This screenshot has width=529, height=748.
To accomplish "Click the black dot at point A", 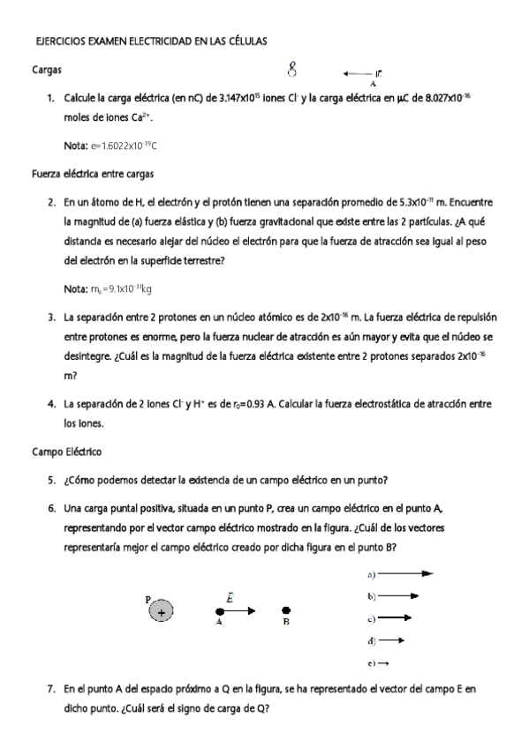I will (219, 610).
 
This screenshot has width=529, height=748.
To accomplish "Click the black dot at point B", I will (285, 610).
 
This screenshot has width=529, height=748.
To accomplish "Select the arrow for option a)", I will (405, 574).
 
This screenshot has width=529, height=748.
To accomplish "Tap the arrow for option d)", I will (391, 640).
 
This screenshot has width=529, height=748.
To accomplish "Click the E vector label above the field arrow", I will (230, 597).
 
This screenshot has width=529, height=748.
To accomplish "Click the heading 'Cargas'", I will (46, 69).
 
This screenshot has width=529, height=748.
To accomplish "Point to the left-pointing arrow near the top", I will (357, 74).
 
